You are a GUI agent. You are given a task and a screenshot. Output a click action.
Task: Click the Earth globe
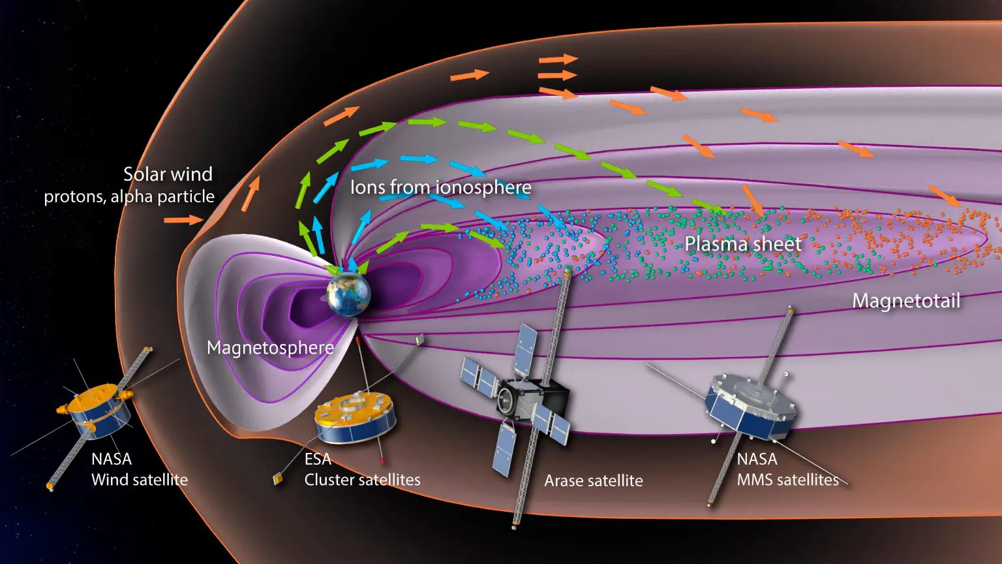coord(349,294)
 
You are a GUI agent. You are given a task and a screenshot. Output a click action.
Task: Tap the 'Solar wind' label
coord(168,174)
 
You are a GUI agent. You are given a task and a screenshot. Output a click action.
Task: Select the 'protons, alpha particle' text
coord(129,196)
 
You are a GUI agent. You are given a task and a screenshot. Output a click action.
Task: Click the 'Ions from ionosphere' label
coord(440,187)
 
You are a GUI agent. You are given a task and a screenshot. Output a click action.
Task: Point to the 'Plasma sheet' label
coord(743,244)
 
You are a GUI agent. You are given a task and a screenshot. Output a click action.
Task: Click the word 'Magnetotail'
coord(906,300)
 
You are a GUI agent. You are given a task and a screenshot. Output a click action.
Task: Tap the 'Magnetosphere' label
coord(270,348)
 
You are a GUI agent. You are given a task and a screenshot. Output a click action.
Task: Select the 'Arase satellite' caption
coord(594,480)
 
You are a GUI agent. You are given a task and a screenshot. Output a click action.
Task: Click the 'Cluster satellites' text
coord(362,480)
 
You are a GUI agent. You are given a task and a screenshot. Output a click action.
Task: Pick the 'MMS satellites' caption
coord(788,480)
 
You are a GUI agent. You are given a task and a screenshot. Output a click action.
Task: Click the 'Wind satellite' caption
coord(140,480)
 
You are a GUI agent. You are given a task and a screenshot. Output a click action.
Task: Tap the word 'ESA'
coord(318,459)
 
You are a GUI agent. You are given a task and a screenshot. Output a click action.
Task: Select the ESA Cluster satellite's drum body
coord(356,416)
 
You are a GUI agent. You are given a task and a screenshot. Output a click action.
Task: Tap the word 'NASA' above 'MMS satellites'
coord(757,460)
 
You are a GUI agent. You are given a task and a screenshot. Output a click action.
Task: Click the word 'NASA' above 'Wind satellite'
coord(112,460)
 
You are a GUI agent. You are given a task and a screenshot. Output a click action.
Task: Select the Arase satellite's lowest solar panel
coord(504,450)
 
